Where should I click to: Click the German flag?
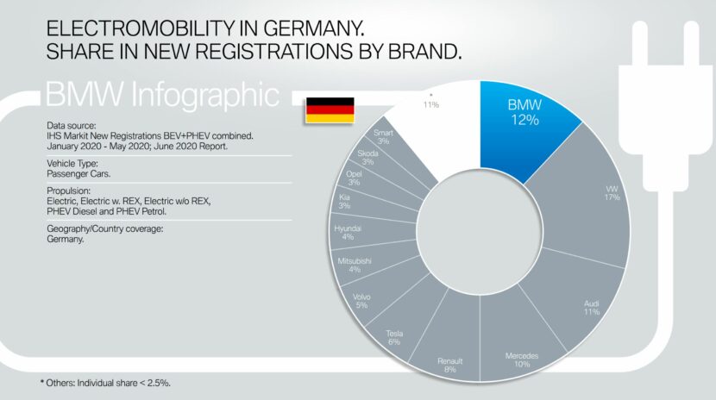(x=330, y=110)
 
